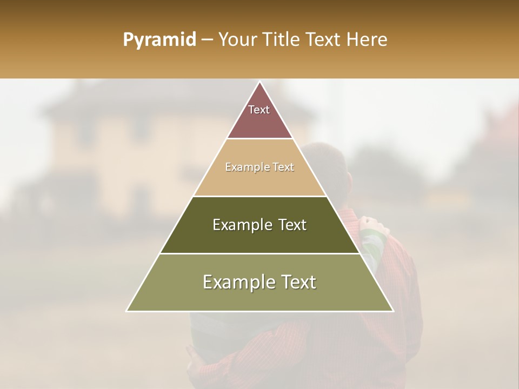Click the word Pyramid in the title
[x=159, y=40]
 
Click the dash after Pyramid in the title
[x=207, y=41]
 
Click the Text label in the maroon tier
[x=259, y=110]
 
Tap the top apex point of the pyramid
[x=260, y=82]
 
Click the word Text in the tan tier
[x=283, y=167]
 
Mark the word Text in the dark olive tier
[x=292, y=225]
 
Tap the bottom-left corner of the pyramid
[x=127, y=311]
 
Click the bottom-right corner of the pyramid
[x=393, y=311]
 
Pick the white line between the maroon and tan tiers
[x=260, y=139]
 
